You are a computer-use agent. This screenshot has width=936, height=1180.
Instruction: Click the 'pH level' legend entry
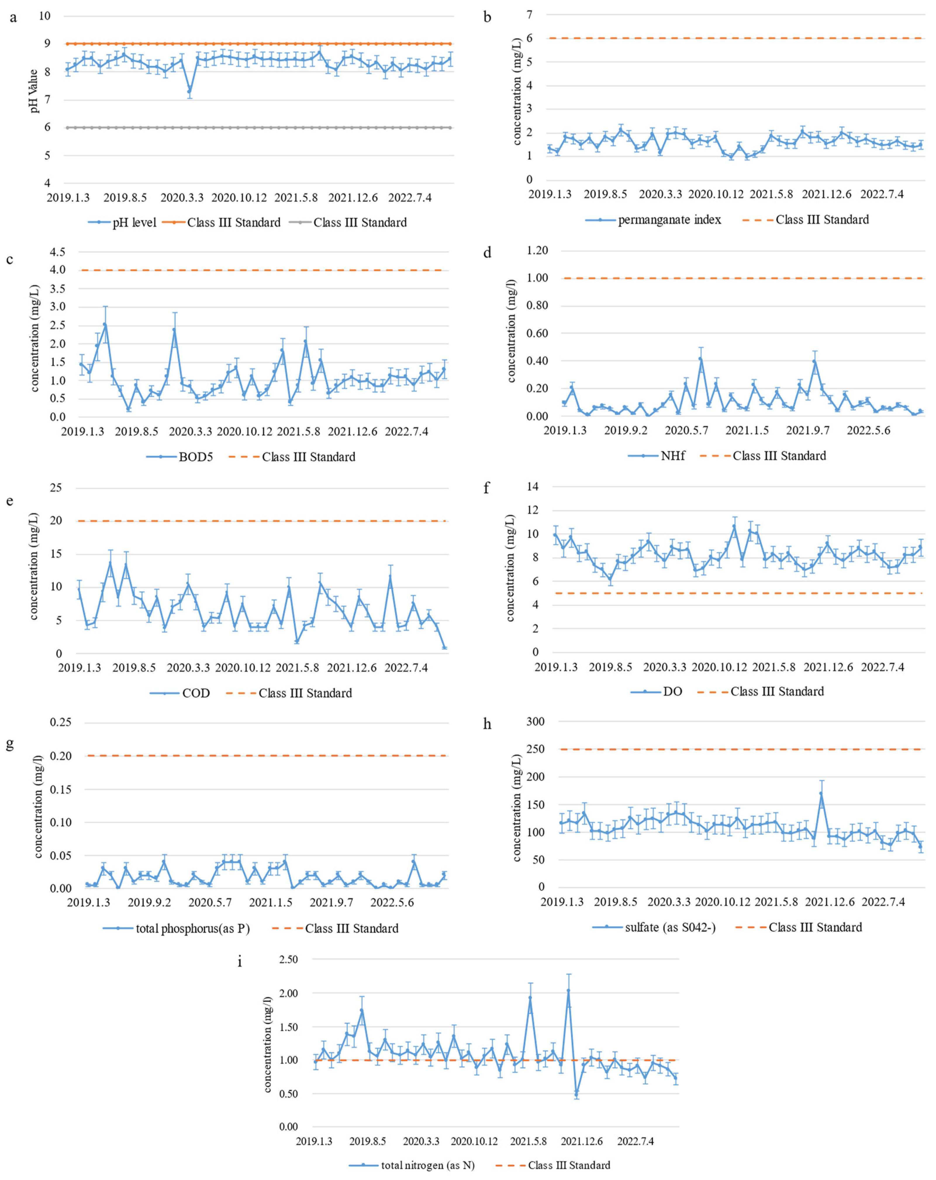pyautogui.click(x=134, y=223)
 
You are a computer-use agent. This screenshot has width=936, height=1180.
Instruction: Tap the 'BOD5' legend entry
pyautogui.click(x=195, y=457)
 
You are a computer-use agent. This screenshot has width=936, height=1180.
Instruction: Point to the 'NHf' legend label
pyautogui.click(x=672, y=456)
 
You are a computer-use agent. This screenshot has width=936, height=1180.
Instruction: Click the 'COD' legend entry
pyautogui.click(x=195, y=693)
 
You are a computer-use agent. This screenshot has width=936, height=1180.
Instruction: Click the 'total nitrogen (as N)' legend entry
pyautogui.click(x=427, y=1165)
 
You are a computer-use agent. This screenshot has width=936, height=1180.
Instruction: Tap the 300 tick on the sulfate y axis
pyautogui.click(x=535, y=722)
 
